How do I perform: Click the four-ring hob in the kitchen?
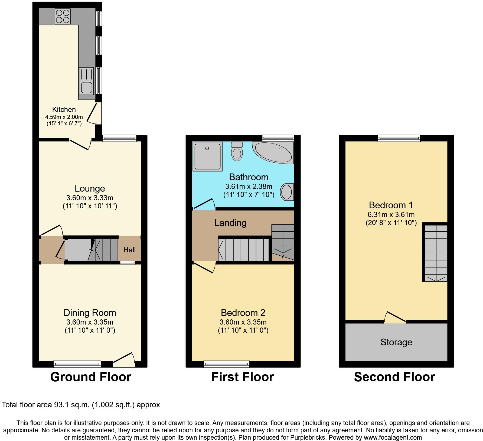pos(63,16)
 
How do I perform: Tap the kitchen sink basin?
pos(86,87)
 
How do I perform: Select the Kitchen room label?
pos(64,109)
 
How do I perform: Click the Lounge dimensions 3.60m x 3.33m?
pos(90,198)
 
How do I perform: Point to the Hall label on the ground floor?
pos(129,250)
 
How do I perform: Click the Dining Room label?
pos(90,313)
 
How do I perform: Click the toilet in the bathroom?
pos(237,152)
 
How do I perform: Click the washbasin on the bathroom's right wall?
pos(286,192)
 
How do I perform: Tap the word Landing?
pos(230,223)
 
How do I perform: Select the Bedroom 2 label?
pos(243,313)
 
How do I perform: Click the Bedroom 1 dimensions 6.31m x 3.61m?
pos(391,215)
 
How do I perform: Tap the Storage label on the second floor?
pos(396,342)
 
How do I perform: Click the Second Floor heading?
pos(394,377)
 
